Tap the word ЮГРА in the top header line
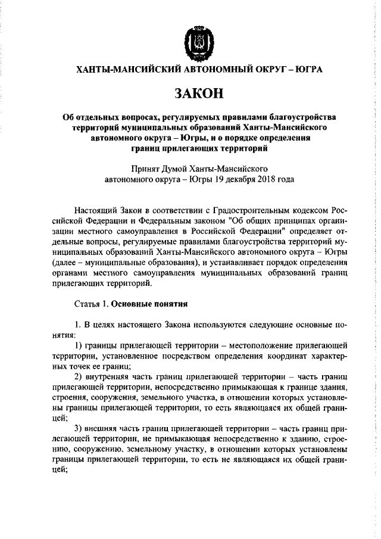click(307, 70)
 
